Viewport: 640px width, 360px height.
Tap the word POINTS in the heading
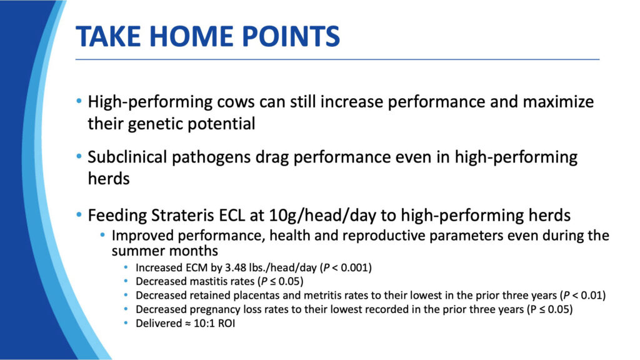(x=291, y=36)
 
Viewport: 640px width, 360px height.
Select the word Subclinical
(x=127, y=157)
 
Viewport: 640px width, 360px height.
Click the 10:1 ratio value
(x=202, y=323)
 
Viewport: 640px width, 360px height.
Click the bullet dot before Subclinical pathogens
(x=79, y=156)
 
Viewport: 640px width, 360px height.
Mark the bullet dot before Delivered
(x=126, y=323)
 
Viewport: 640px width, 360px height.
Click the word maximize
(x=558, y=102)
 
